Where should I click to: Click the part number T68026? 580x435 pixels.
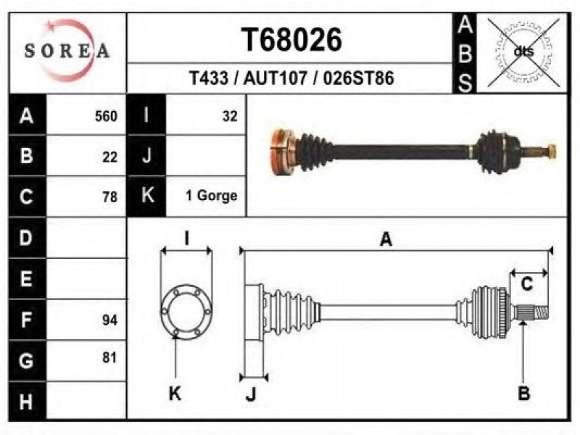click(291, 40)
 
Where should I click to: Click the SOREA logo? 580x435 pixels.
click(67, 51)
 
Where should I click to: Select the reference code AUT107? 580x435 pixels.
click(275, 78)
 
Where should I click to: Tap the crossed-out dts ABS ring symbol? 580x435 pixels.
click(523, 51)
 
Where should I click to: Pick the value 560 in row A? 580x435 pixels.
click(106, 117)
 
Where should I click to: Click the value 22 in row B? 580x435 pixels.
click(110, 157)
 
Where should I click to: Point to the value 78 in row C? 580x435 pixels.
click(110, 196)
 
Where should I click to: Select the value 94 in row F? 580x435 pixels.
click(110, 320)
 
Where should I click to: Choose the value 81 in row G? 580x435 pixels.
click(110, 357)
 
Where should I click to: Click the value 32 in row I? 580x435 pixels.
click(230, 117)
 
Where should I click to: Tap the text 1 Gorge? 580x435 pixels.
click(211, 196)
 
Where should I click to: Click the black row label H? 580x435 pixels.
click(27, 402)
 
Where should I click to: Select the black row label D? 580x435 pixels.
click(27, 238)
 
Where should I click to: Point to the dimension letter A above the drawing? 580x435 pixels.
click(386, 239)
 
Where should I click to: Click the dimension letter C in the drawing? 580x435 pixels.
click(526, 284)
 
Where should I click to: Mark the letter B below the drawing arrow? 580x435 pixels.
click(523, 393)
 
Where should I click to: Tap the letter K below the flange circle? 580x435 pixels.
click(175, 394)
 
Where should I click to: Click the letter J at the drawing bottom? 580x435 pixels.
click(251, 394)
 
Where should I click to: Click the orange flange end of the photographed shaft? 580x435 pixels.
click(283, 152)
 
